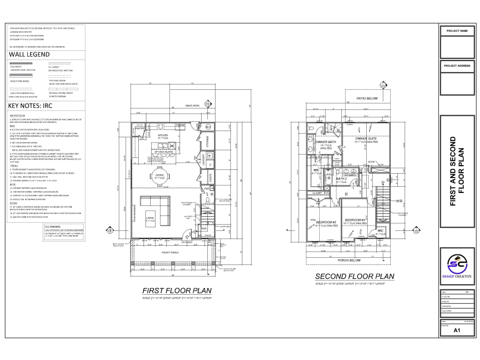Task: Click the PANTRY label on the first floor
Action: [x=140, y=129]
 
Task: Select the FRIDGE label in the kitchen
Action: [x=180, y=125]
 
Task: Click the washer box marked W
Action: [x=210, y=156]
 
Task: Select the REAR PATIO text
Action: [x=192, y=106]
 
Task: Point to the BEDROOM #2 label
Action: [x=325, y=222]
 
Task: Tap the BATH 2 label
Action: [x=341, y=179]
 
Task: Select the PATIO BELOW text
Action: [x=367, y=98]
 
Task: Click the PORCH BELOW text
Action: [x=349, y=260]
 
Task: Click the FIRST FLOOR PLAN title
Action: [x=177, y=290]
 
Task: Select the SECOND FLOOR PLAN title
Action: [x=354, y=276]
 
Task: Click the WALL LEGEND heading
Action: [x=29, y=54]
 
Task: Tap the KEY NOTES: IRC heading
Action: [x=30, y=105]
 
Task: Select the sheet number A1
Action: [x=457, y=330]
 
